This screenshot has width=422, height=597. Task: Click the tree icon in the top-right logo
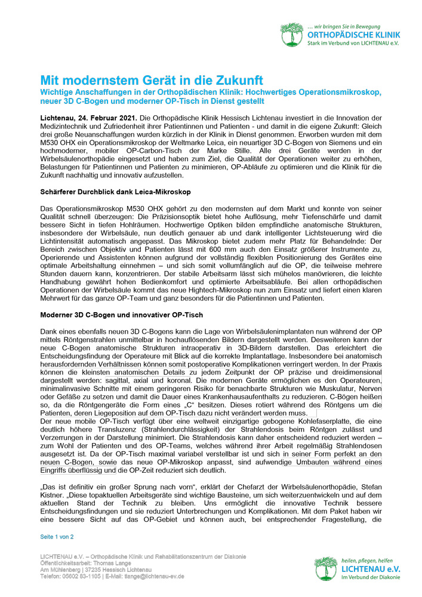pyautogui.click(x=292, y=34)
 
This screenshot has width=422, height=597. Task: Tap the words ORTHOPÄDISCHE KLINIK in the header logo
pyautogui.click(x=353, y=35)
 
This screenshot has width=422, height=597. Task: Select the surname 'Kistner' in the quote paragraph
pyautogui.click(x=55, y=495)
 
